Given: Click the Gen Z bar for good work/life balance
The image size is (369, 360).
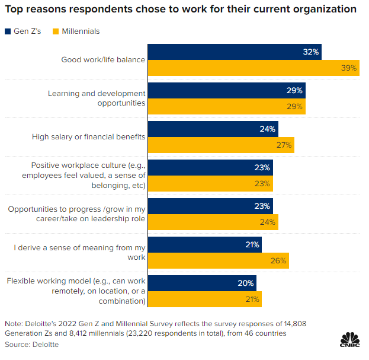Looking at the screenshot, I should pos(234,52).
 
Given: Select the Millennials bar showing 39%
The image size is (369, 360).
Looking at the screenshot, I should pos(253,68).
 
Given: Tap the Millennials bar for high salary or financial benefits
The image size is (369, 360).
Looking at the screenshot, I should pos(220,145).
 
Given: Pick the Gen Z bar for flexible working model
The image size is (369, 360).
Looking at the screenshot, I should pos(201,283).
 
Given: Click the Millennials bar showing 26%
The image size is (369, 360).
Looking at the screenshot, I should pos(218,260).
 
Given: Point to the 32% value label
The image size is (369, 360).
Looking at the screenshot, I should pos(311,52).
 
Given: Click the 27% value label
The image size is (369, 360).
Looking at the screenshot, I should pos(284,145).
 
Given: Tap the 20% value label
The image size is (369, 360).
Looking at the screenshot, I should pos(246,283).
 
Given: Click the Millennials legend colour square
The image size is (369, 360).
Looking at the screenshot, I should pos(57,31).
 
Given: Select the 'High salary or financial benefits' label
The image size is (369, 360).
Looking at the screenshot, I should pos(88,137).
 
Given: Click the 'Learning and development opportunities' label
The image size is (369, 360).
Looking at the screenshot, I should pos(97,98).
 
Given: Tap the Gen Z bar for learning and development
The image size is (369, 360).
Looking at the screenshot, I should pos(226,91).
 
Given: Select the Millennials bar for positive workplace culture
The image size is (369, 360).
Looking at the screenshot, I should pos(210,183).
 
